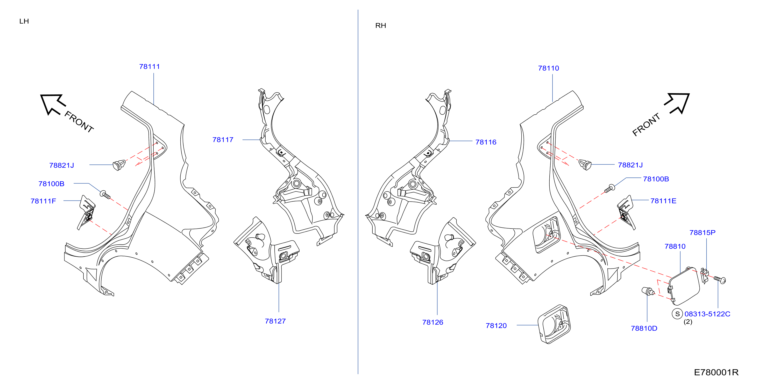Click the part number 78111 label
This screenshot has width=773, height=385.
(x=150, y=66)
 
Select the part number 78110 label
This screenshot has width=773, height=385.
(x=548, y=68)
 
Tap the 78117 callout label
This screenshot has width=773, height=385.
(x=223, y=140)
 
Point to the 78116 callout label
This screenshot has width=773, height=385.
(x=486, y=142)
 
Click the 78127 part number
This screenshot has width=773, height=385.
(x=275, y=321)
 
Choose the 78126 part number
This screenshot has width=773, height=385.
(x=432, y=322)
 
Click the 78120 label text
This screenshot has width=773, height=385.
(x=496, y=326)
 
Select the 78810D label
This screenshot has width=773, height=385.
(x=644, y=328)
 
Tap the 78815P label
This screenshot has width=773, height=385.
(x=702, y=232)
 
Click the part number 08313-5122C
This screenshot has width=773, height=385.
(x=707, y=314)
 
